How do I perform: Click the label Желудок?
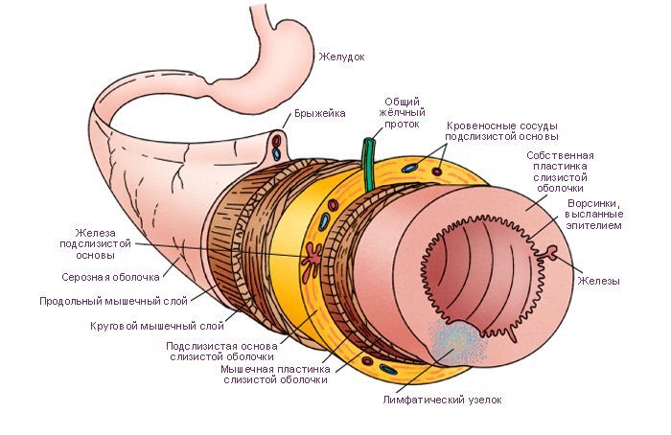click(341, 57)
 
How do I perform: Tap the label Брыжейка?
click(319, 114)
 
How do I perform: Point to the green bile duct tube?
click(368, 164)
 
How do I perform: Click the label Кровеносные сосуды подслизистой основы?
click(501, 131)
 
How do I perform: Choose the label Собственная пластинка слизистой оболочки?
click(560, 172)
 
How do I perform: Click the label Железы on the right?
click(599, 281)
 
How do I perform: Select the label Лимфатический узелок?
click(442, 400)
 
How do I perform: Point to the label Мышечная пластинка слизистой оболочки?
click(275, 375)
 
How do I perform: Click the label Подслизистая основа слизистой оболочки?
click(221, 352)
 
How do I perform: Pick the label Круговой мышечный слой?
click(157, 326)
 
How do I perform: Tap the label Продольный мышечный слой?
click(113, 301)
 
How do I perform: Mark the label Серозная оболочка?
click(110, 277)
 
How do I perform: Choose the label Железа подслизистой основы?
click(95, 244)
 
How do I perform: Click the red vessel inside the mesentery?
click(277, 140)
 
